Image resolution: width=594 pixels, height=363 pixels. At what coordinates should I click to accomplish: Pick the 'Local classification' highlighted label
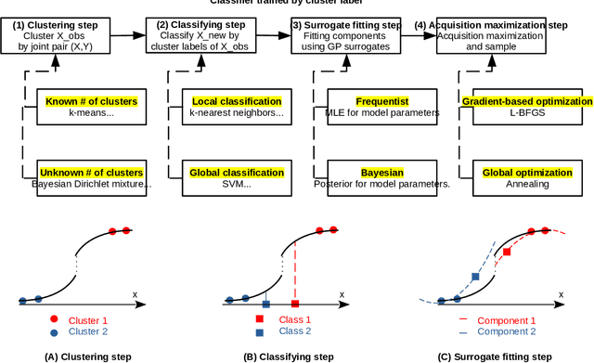(x=237, y=100)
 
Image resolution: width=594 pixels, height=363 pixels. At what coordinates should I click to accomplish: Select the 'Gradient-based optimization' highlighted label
(x=526, y=100)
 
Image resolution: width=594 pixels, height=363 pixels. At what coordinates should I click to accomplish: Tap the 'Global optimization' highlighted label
(x=526, y=172)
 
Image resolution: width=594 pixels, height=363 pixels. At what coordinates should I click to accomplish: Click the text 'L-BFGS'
(x=526, y=113)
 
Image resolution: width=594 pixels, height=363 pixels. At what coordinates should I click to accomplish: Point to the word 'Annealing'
(x=526, y=184)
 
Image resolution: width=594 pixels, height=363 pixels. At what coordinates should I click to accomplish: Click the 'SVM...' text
(x=238, y=184)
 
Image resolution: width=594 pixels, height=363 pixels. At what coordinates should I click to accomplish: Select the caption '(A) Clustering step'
(x=87, y=356)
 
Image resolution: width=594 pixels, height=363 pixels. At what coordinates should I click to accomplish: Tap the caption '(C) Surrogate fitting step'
(x=494, y=356)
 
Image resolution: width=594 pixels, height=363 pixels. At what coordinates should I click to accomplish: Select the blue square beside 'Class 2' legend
(x=260, y=331)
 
